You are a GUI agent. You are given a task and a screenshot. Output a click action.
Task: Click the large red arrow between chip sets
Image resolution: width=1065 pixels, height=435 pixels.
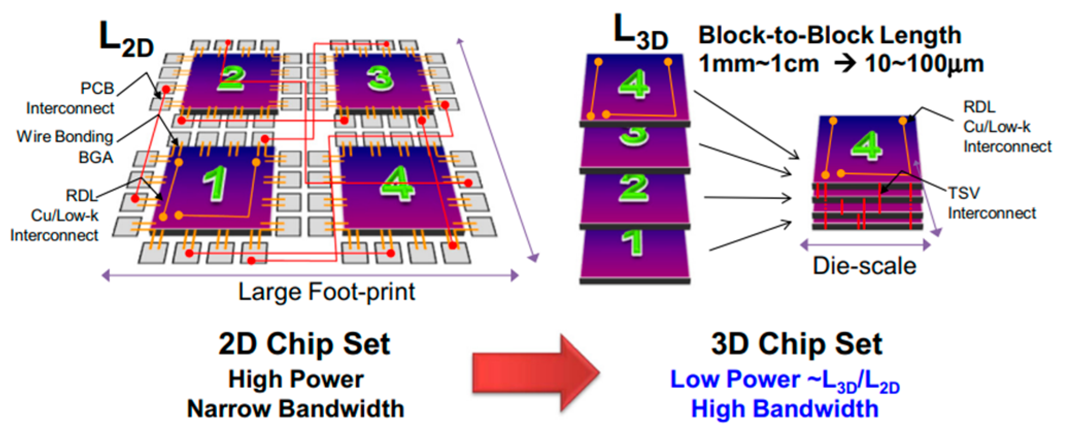tap(533, 372)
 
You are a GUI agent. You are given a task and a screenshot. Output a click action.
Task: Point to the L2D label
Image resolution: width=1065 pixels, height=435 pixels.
tap(126, 39)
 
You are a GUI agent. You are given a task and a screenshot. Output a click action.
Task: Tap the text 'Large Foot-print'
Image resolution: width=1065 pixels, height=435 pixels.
tap(326, 292)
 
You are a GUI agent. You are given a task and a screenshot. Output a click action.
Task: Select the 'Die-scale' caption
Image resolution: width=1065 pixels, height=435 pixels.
tap(864, 266)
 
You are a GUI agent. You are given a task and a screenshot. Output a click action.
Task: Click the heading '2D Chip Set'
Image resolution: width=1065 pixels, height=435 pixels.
tap(304, 344)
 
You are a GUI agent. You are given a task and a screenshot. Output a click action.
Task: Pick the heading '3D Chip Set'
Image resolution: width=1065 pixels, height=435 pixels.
tap(796, 344)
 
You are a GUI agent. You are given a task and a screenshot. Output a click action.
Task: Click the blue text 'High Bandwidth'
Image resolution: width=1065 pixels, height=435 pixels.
tap(784, 409)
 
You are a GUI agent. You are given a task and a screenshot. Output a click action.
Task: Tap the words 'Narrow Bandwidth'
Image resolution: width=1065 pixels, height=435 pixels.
tap(296, 409)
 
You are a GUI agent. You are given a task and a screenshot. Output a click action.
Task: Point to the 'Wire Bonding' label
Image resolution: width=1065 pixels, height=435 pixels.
tap(64, 137)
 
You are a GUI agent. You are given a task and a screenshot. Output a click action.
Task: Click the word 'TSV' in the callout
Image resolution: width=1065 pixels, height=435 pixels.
tap(964, 193)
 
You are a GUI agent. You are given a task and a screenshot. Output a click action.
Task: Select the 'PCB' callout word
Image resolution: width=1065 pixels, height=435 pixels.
tap(97, 88)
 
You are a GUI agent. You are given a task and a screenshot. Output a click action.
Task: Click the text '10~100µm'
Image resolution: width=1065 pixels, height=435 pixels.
tap(924, 64)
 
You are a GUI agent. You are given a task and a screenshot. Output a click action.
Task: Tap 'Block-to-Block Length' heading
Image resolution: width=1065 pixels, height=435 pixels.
tap(829, 35)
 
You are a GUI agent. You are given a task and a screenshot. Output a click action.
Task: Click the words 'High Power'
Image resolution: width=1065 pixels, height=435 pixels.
tap(296, 379)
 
